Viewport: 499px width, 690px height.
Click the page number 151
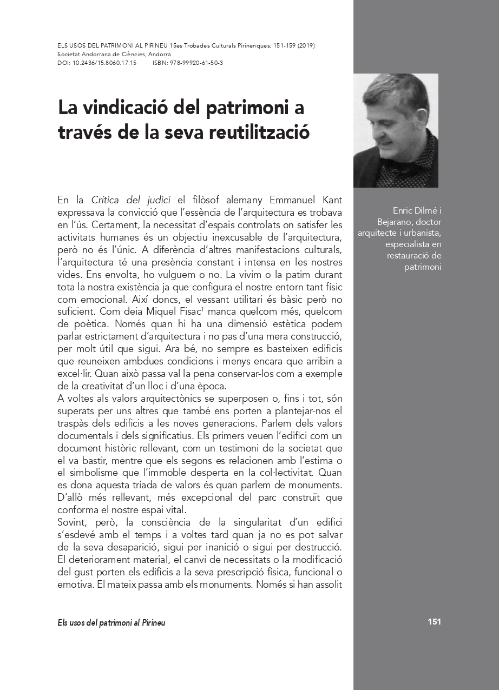434,622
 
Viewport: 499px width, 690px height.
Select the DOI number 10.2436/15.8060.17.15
104,63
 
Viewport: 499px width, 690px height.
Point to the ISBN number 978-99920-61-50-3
197,63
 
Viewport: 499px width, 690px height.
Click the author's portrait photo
396,130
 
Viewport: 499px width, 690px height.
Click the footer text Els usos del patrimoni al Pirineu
111,622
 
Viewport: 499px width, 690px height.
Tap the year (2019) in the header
305,46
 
